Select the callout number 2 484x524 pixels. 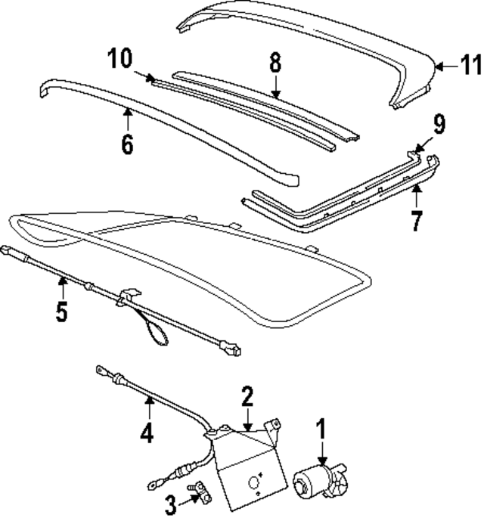[247, 395]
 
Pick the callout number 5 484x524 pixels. [62, 312]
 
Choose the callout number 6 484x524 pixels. [127, 143]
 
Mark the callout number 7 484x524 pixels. [415, 222]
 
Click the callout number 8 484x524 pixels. [275, 62]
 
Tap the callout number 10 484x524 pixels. [119, 57]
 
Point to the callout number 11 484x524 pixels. [471, 66]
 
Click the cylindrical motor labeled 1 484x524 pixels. [318, 481]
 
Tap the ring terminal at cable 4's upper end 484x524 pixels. [99, 370]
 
